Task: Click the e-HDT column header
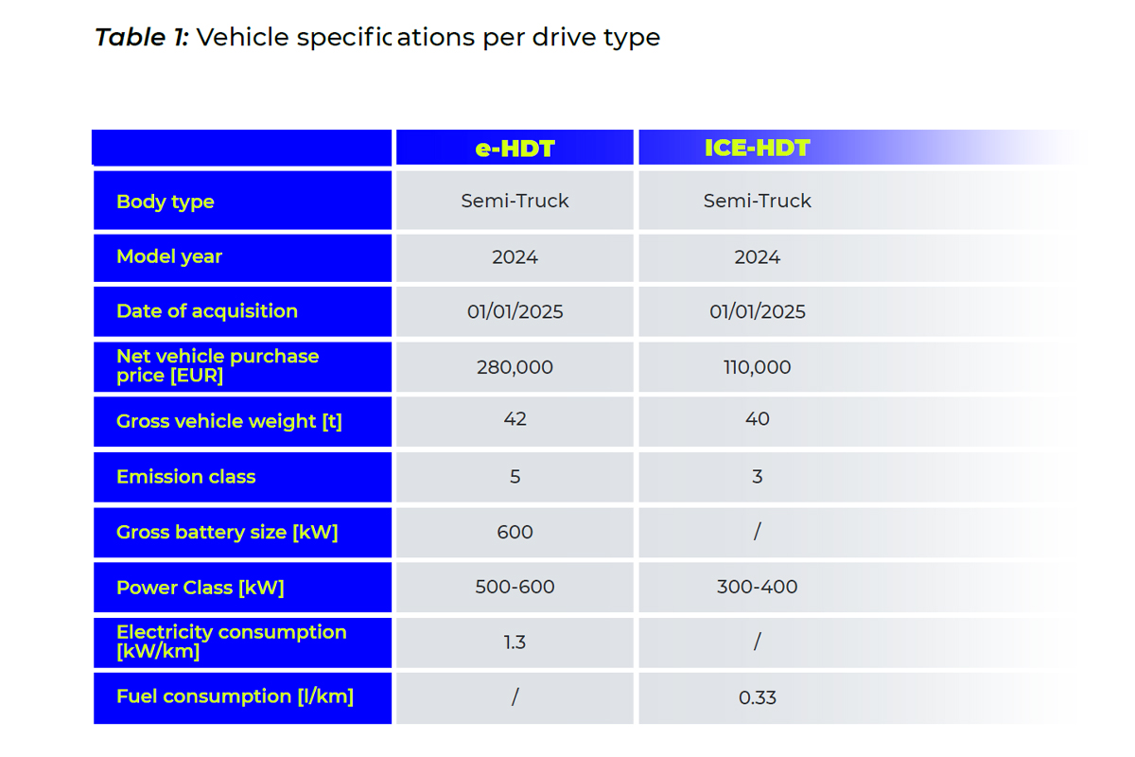[x=515, y=149]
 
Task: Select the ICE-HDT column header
[x=757, y=149]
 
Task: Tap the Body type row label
[x=166, y=202]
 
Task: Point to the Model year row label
[x=169, y=256]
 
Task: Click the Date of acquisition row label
[x=207, y=311]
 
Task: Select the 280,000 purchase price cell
[x=515, y=367]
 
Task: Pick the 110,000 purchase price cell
[x=757, y=367]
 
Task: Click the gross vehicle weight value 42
[x=515, y=419]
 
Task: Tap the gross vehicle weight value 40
[x=757, y=419]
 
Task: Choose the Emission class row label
[x=186, y=477]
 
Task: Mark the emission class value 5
[x=515, y=477]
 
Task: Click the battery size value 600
[x=515, y=533]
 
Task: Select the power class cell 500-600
[x=515, y=588]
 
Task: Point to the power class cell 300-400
[x=757, y=588]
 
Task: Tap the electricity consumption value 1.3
[x=515, y=643]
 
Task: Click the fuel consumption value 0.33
[x=757, y=698]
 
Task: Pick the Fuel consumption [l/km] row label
[x=235, y=696]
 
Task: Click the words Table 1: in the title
[x=142, y=38]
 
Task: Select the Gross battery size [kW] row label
[x=227, y=533]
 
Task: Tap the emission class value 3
[x=757, y=477]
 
